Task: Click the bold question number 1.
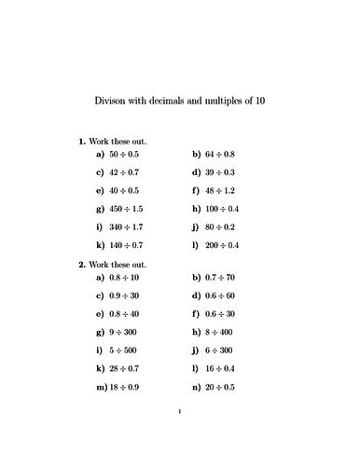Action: pos(81,141)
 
